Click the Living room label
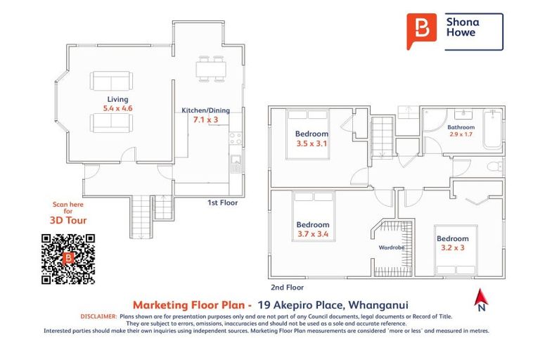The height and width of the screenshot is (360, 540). tap(118, 100)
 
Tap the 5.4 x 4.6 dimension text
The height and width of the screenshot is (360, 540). tap(118, 109)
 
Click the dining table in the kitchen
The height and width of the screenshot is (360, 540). tap(210, 68)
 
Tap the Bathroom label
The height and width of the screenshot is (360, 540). tap(461, 127)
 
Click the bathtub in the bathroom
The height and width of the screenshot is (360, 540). tap(491, 130)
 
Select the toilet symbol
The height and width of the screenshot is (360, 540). tap(494, 167)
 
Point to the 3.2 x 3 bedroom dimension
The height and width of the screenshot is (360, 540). tap(452, 247)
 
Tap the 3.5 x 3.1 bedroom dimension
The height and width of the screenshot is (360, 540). tap(311, 143)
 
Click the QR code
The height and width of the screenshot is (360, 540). tap(68, 259)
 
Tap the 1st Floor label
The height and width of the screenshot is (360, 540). tap(222, 202)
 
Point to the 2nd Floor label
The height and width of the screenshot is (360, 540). tap(287, 287)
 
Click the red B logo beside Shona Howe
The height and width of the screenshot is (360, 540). tap(421, 31)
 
